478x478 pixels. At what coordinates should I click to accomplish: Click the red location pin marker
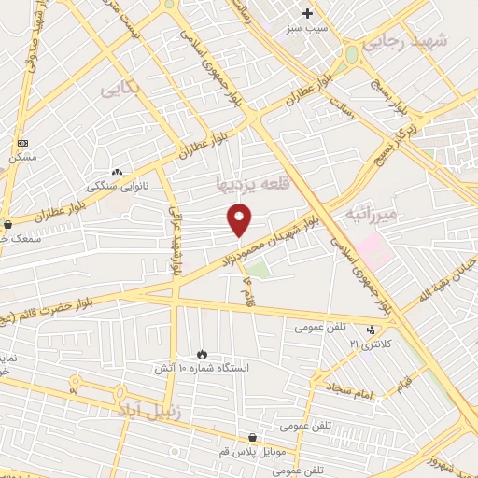coord(240,218)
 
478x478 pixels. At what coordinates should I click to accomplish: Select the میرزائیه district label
coord(371,215)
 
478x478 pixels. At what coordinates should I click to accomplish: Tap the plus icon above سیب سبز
coord(308,13)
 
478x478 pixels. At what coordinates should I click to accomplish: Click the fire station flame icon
coord(201,354)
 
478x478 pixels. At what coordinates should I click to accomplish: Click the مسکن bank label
coord(23,158)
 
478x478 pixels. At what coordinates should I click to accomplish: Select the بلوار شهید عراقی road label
coord(174,241)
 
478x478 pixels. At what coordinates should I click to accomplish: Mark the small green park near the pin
coord(258,271)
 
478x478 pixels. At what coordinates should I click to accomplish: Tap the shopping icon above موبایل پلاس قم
coord(252,437)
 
